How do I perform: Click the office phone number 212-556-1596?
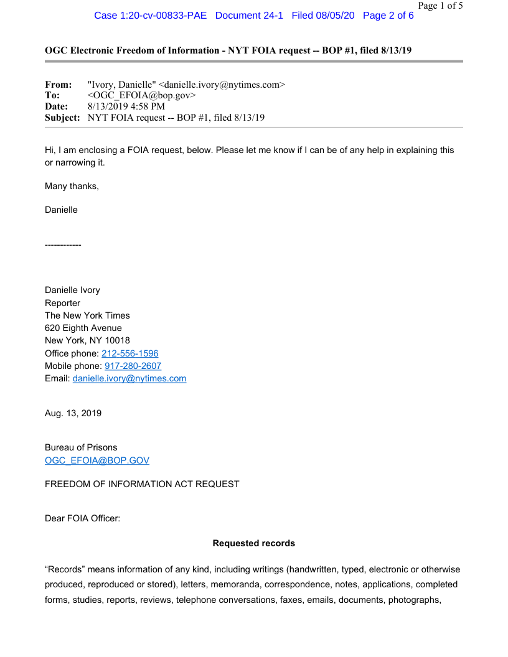coord(129,353)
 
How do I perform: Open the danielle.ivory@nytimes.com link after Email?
coord(129,378)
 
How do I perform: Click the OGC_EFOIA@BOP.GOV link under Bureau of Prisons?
coord(97,460)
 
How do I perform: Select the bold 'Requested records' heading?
coord(254,543)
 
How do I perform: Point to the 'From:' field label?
coord(59,84)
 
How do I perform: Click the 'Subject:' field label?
coord(62,118)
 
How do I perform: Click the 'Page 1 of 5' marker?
coord(440,6)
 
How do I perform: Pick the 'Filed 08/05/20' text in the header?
coord(322,16)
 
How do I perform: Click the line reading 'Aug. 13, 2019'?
coord(73,413)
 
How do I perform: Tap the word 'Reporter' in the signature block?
coord(62,303)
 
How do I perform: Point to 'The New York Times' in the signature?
coord(87,315)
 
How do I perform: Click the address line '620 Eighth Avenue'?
coord(83,328)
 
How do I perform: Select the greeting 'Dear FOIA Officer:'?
coord(82,518)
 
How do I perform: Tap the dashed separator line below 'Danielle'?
coord(63,245)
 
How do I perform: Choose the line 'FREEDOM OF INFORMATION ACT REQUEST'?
coord(142,484)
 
